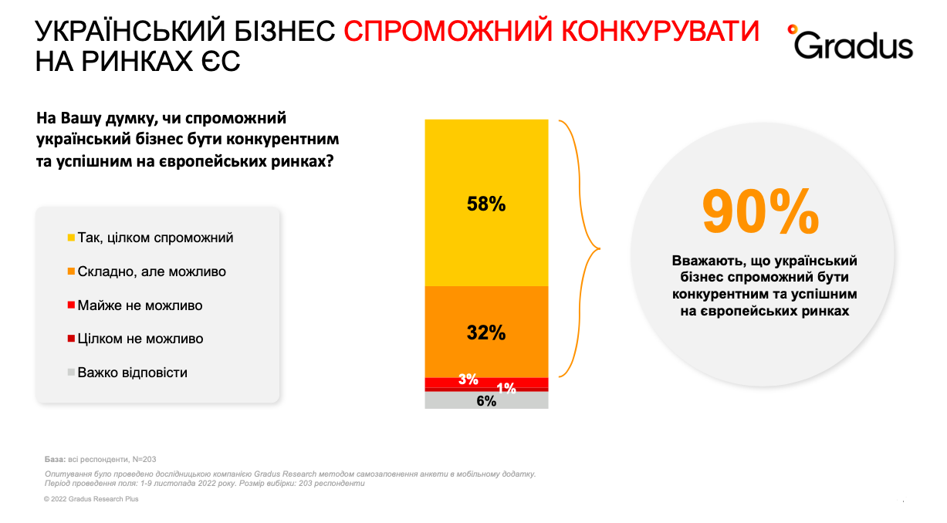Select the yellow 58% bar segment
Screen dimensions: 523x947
pyautogui.click(x=486, y=203)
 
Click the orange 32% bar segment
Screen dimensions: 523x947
pyautogui.click(x=486, y=332)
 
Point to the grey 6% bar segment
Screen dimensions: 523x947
pyautogui.click(x=486, y=400)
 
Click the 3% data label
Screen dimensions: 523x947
pyautogui.click(x=468, y=380)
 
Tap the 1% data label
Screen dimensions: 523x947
pyautogui.click(x=506, y=389)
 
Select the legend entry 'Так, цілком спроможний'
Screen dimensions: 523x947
pyautogui.click(x=155, y=238)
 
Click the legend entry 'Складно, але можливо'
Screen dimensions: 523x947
pyautogui.click(x=151, y=272)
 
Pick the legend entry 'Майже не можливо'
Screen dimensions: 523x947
pyautogui.click(x=140, y=305)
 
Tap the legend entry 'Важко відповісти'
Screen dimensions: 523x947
pyautogui.click(x=132, y=373)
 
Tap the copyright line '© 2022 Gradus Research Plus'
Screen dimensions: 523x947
pyautogui.click(x=91, y=499)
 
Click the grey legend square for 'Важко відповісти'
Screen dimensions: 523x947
pyautogui.click(x=71, y=373)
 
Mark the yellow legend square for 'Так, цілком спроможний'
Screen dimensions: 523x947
pyautogui.click(x=71, y=238)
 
